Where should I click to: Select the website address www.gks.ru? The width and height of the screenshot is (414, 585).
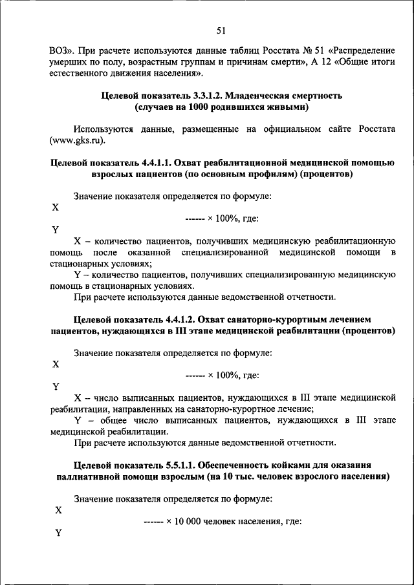(x=77, y=140)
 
